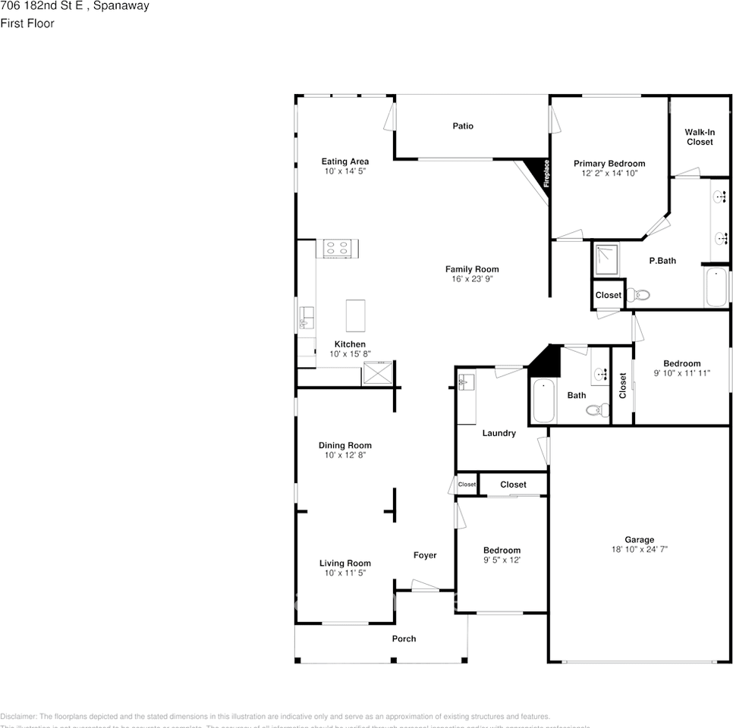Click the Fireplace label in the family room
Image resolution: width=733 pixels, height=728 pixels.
click(x=546, y=172)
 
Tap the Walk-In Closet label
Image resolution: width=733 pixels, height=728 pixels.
click(x=699, y=136)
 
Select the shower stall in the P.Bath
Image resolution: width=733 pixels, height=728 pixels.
click(x=606, y=259)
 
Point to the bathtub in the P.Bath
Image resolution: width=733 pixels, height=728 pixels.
click(x=716, y=287)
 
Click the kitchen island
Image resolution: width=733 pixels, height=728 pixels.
click(x=355, y=315)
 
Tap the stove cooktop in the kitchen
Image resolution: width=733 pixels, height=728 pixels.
click(x=338, y=248)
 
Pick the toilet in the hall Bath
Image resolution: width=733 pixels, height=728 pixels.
click(x=598, y=410)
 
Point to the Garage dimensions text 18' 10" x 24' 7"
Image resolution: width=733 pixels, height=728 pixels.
click(x=639, y=550)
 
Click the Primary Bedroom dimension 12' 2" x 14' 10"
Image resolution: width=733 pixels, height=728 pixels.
click(x=609, y=174)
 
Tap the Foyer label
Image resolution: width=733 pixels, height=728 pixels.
click(x=425, y=555)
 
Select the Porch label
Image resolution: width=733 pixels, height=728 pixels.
click(x=404, y=639)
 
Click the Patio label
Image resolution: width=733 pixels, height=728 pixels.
click(x=463, y=126)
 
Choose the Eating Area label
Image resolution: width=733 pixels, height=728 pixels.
click(x=345, y=162)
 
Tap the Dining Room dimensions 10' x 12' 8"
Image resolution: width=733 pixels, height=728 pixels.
click(x=345, y=456)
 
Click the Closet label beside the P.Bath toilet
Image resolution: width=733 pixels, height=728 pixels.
click(x=608, y=295)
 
